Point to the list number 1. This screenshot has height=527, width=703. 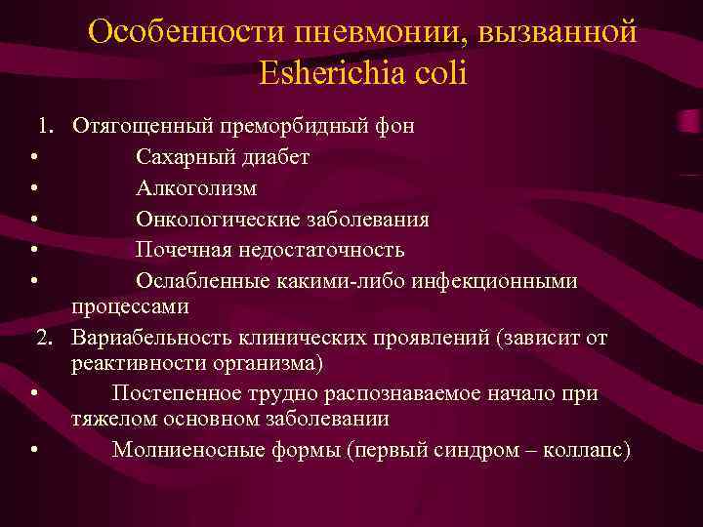point(46,126)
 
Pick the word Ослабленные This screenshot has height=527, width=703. point(197,281)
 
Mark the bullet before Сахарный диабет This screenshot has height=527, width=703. point(34,158)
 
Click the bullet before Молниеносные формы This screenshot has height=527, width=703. point(34,451)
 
